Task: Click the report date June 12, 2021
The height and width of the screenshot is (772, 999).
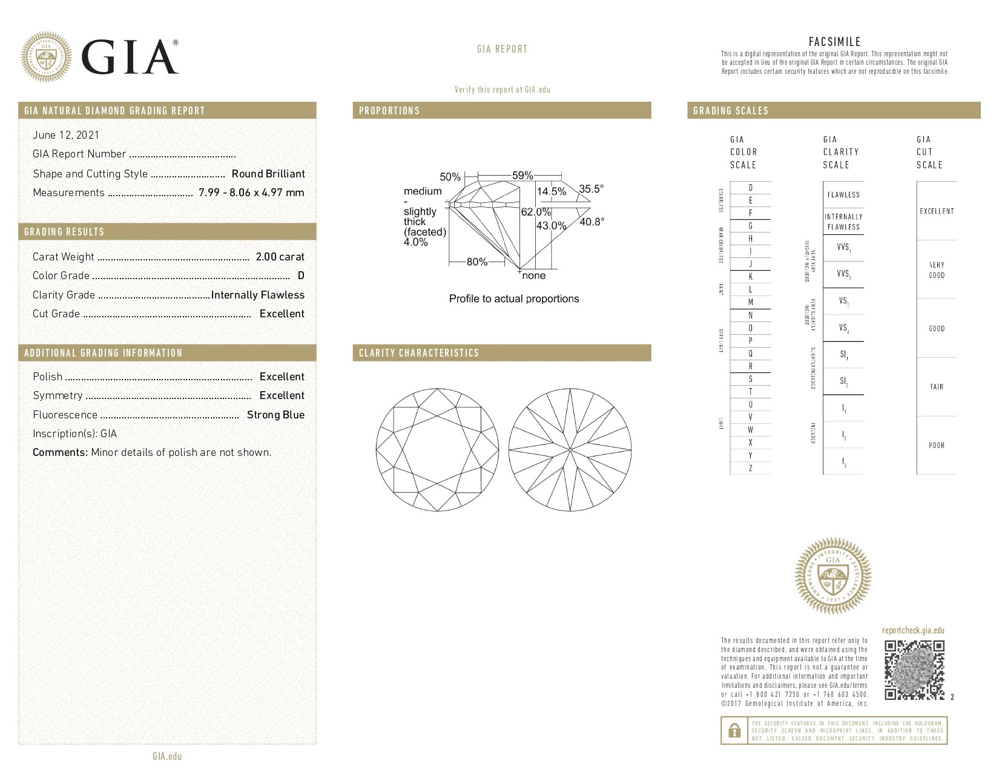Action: [65, 135]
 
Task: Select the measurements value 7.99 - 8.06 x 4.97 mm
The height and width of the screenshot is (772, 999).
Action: [251, 193]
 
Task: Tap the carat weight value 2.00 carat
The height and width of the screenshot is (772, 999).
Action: [280, 257]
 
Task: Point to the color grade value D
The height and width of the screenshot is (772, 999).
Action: [301, 275]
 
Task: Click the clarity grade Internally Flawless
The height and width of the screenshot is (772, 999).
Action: [257, 295]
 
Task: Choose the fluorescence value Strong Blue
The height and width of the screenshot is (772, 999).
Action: [275, 415]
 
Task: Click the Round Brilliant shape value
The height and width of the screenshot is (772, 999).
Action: [268, 174]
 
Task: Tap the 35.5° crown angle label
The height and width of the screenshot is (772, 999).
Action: [591, 189]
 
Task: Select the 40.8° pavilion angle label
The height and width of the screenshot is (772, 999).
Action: [592, 222]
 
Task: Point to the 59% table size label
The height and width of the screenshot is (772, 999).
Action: [522, 176]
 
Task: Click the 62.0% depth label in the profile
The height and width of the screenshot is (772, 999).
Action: [536, 212]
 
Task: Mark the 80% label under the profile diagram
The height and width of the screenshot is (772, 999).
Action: [476, 262]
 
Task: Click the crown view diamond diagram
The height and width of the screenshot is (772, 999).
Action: [437, 450]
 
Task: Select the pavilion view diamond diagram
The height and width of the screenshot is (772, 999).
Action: [570, 450]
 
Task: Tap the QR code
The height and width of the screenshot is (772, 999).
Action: [914, 670]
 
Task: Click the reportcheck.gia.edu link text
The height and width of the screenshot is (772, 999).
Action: [913, 630]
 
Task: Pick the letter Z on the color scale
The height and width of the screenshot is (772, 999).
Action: [751, 468]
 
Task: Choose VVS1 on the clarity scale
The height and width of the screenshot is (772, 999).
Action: [843, 248]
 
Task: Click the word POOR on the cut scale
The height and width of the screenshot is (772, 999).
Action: [937, 445]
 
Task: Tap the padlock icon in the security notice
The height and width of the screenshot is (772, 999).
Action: [734, 730]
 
